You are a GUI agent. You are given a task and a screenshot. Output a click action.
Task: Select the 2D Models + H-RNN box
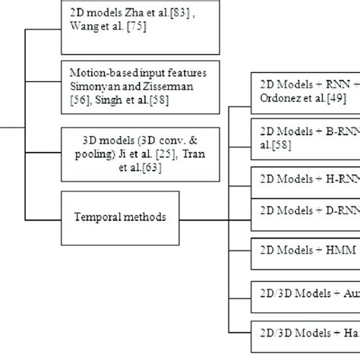click(304, 179)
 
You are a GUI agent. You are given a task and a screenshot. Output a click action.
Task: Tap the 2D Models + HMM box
click(304, 250)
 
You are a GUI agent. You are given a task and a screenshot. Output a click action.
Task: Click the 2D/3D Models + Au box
click(304, 292)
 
